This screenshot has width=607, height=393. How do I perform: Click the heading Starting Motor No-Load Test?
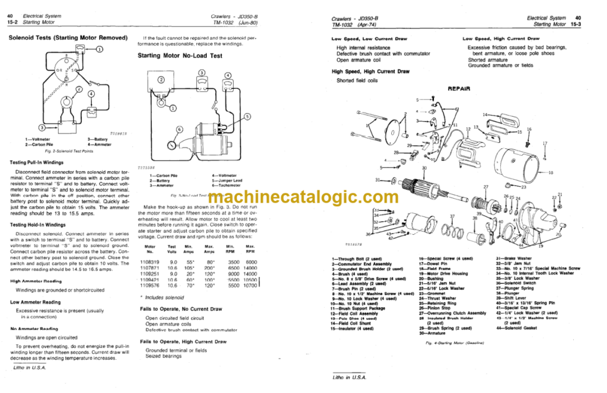click(x=180, y=56)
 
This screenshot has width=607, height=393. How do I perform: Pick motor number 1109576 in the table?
click(x=149, y=285)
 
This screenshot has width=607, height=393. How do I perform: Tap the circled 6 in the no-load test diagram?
click(x=180, y=129)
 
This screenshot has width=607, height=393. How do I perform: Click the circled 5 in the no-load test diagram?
click(x=247, y=116)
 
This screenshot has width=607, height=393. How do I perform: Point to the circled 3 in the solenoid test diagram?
click(x=40, y=127)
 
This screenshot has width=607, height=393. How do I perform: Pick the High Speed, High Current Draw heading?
click(x=370, y=71)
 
